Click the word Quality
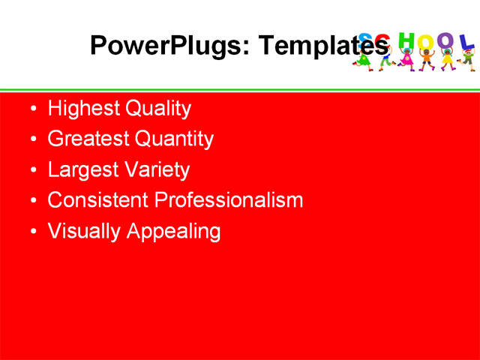[158, 109]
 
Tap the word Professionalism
[229, 200]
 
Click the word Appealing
[173, 231]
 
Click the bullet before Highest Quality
[31, 109]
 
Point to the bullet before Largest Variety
[31, 171]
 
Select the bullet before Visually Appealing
[31, 232]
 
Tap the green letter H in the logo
[406, 40]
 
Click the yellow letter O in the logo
[426, 43]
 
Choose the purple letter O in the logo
[446, 41]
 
